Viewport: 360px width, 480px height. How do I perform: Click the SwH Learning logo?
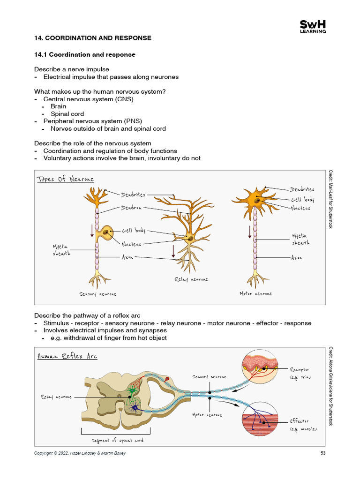[313, 27]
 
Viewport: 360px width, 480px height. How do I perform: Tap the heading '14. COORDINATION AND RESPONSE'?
[93, 38]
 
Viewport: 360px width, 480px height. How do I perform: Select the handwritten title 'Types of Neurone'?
[65, 179]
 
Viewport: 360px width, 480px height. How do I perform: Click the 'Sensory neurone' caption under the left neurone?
[98, 294]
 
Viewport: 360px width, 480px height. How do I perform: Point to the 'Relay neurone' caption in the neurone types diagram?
[191, 279]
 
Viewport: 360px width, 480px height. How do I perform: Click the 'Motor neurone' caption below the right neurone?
[255, 294]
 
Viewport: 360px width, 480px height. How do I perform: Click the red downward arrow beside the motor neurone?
[249, 231]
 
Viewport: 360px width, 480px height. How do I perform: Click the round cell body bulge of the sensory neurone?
[107, 233]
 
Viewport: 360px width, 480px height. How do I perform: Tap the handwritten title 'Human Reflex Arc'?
[67, 356]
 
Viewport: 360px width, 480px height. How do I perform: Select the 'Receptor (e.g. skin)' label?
[300, 373]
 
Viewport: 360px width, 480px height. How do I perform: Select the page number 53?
[323, 453]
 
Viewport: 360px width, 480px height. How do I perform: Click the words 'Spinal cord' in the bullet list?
[67, 114]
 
